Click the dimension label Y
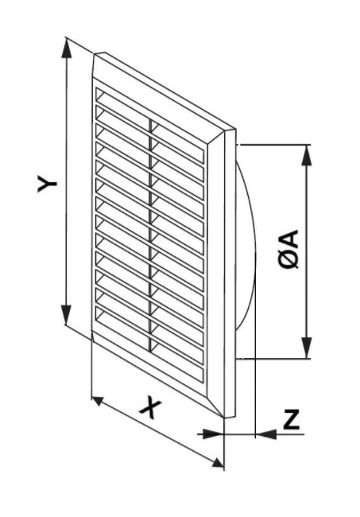[x=47, y=183]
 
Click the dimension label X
[x=151, y=409]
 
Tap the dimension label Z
[x=292, y=419]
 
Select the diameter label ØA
[x=288, y=249]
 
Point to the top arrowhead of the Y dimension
[x=66, y=49]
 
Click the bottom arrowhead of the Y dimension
[x=66, y=315]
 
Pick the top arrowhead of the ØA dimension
[x=307, y=155]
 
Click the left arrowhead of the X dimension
[x=98, y=401]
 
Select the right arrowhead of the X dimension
[x=218, y=463]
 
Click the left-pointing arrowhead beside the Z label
[x=266, y=434]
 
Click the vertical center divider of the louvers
[x=151, y=234]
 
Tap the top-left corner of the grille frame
[x=95, y=54]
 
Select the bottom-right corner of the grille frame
[x=224, y=418]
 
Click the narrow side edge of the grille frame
[x=230, y=273]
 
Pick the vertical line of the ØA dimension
[x=307, y=251]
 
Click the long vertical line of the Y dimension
[x=66, y=182]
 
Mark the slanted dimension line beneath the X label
[x=157, y=432]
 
